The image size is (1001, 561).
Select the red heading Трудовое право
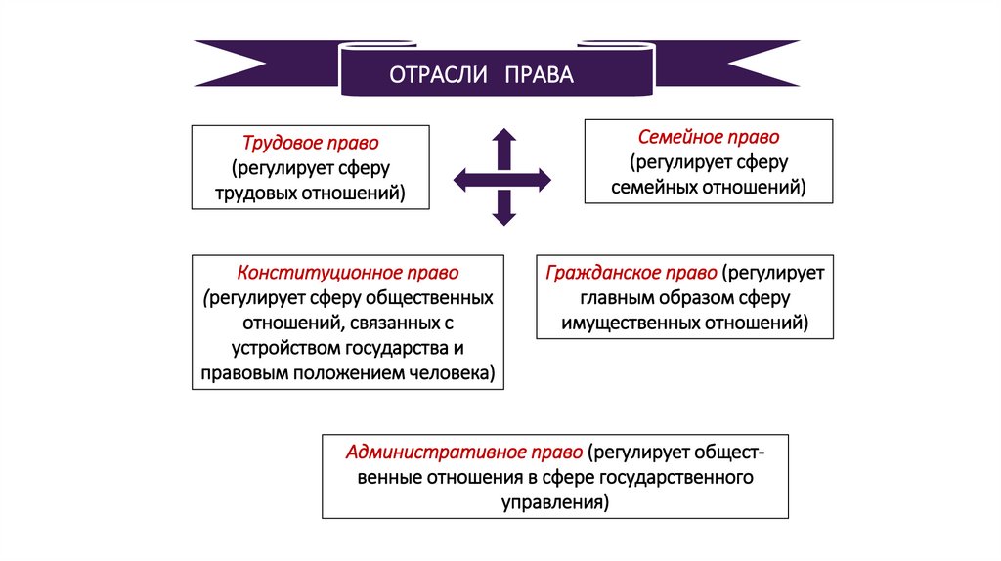pos(311,143)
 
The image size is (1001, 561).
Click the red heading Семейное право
pos(709,137)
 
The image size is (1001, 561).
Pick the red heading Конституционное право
pos(348,272)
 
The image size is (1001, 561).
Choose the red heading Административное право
pos(464,453)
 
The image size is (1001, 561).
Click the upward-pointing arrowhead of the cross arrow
pos(503,138)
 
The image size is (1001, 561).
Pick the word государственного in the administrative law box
pos(675,478)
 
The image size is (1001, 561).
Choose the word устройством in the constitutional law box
pos(286,347)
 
